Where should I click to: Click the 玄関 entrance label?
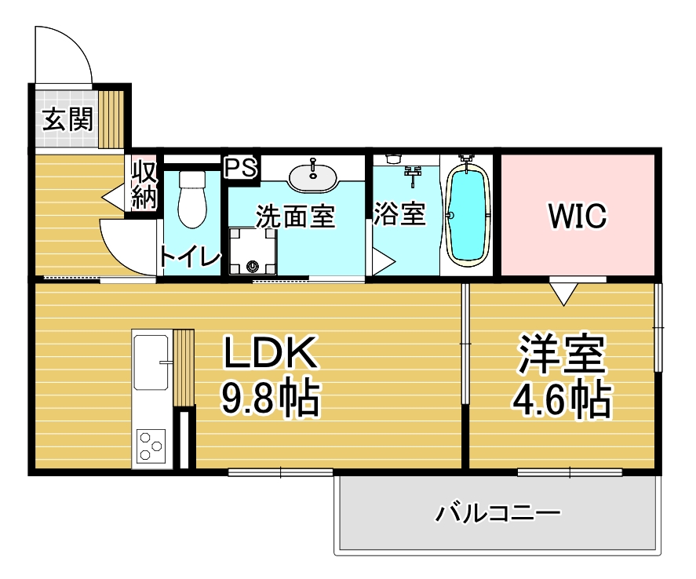click(68, 119)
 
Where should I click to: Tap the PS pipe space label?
click(241, 167)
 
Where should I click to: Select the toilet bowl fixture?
click(192, 198)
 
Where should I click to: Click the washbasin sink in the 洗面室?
click(313, 177)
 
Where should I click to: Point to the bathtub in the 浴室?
click(468, 215)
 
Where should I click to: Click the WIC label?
click(578, 216)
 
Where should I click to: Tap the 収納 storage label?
click(144, 184)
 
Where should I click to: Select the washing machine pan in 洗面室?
click(253, 251)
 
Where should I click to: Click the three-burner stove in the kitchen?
click(151, 445)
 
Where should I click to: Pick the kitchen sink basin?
click(151, 362)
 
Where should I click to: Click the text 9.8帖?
click(271, 397)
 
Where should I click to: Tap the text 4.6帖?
click(562, 399)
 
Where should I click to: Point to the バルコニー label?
click(497, 513)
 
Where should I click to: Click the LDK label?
click(271, 353)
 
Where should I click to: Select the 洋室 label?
click(562, 354)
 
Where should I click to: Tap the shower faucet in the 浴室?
click(414, 174)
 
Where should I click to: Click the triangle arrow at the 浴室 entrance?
click(384, 262)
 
